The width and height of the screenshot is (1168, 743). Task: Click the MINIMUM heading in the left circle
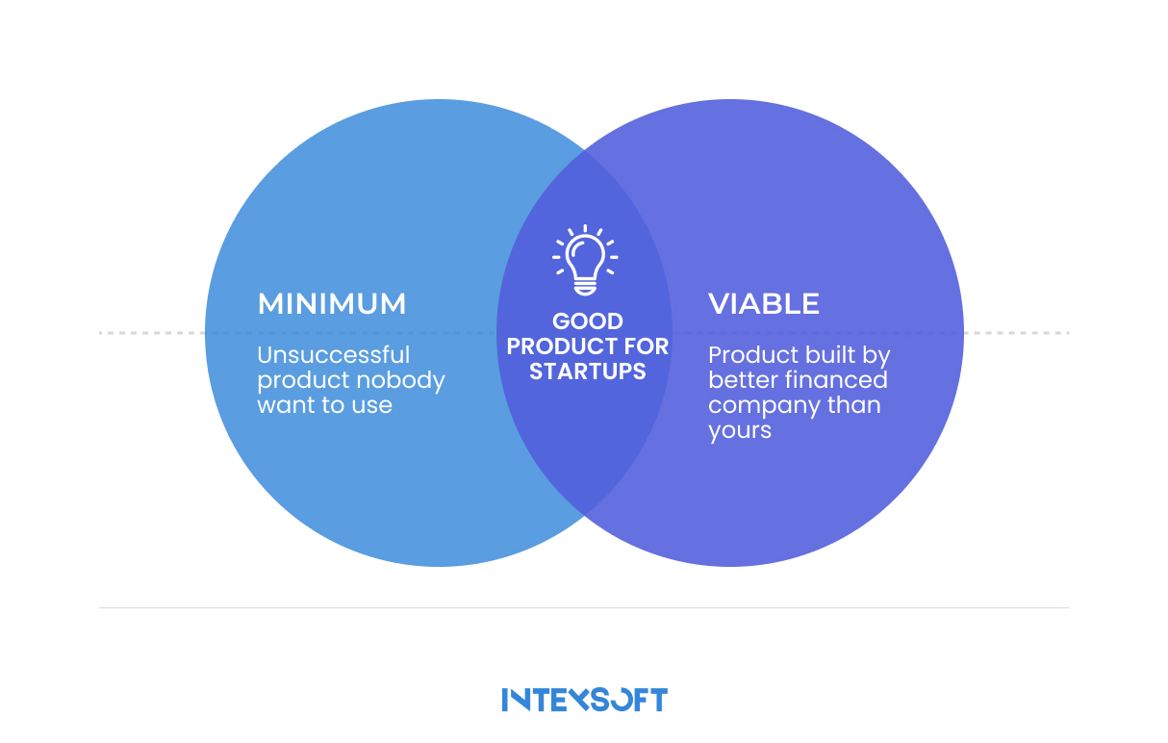coord(332,304)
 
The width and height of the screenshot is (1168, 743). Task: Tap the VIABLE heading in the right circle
coord(764,304)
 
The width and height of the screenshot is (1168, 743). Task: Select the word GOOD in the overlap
coord(587,321)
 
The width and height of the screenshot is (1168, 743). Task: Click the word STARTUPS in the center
coord(587,371)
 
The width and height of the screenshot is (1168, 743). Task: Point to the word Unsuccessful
coord(333,356)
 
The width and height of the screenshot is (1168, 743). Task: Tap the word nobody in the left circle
coord(404,380)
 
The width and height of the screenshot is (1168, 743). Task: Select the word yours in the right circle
coord(739,430)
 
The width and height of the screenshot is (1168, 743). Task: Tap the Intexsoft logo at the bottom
coord(584,700)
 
